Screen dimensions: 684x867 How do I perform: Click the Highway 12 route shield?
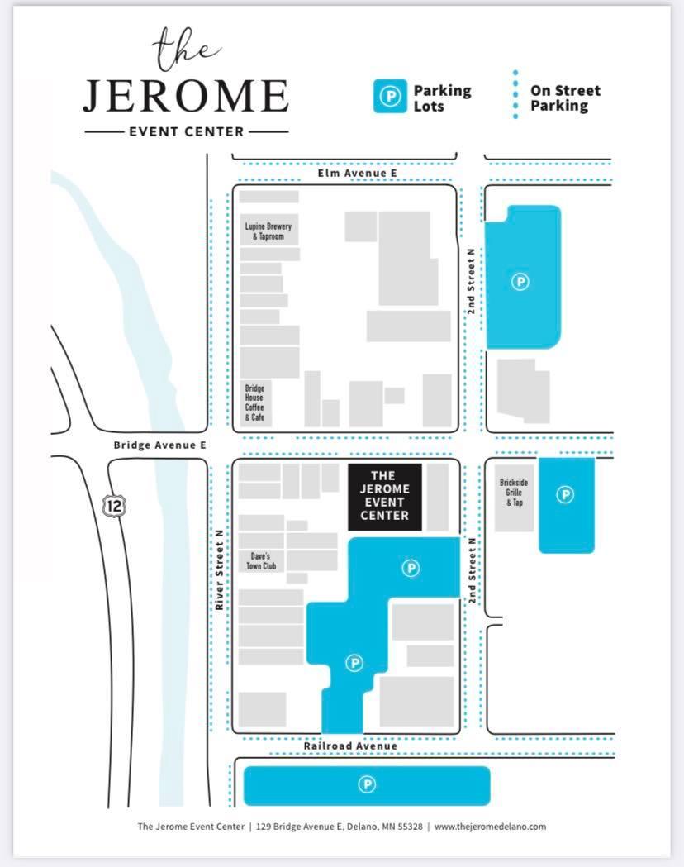click(114, 505)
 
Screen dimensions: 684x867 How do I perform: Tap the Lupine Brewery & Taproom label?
click(268, 231)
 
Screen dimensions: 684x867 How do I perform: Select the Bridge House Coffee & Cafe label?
click(254, 403)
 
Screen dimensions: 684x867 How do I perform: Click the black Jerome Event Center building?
click(384, 497)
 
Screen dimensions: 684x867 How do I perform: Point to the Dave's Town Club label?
click(261, 561)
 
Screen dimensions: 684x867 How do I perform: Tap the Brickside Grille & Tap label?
click(514, 492)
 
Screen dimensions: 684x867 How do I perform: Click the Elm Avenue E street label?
click(357, 173)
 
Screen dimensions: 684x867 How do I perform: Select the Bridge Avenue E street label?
click(159, 445)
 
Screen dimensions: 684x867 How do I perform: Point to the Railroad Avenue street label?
click(350, 746)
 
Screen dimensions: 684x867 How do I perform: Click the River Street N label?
click(220, 569)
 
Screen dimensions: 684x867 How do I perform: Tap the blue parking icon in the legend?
click(390, 96)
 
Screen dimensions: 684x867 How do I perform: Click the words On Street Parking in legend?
click(565, 98)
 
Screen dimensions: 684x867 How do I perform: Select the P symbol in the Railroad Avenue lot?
click(367, 784)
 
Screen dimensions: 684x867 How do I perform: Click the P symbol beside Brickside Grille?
click(565, 494)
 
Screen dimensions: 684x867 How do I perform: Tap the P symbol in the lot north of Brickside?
click(520, 282)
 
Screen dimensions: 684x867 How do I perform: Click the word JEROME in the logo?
click(186, 96)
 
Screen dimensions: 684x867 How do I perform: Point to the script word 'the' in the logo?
click(186, 49)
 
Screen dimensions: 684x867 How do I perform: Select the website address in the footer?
click(490, 827)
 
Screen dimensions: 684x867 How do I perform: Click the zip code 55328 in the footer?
click(410, 827)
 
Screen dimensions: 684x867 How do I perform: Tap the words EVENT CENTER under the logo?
click(186, 132)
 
